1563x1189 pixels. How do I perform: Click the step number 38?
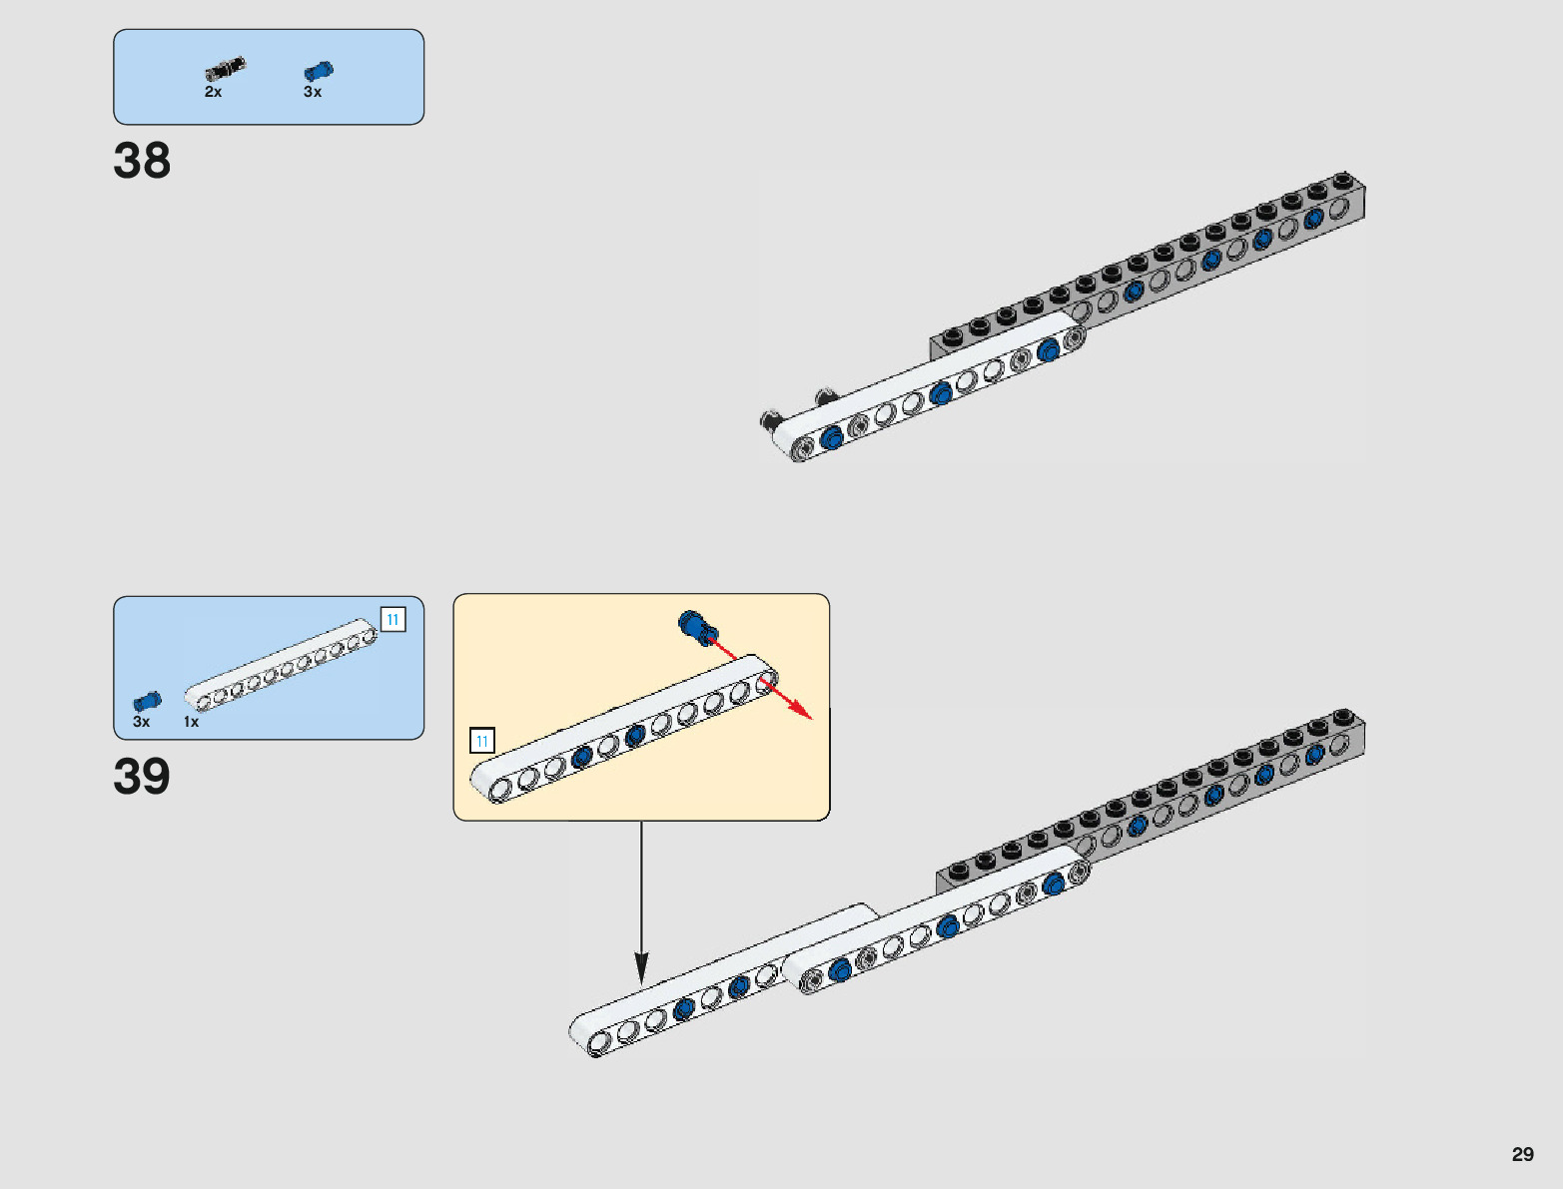[x=142, y=161]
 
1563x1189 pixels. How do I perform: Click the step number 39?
[x=142, y=777]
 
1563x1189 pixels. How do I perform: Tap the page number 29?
[x=1522, y=1154]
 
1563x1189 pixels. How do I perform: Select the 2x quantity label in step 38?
[x=213, y=92]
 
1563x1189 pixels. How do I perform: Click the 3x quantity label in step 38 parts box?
[x=313, y=92]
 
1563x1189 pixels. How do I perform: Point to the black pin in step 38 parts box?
[x=226, y=70]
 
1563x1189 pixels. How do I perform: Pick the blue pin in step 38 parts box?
[x=319, y=71]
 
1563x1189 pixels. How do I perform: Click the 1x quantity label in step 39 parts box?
[x=191, y=722]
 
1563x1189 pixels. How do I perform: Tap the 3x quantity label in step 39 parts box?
[x=142, y=722]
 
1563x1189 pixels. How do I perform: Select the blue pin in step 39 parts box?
[x=147, y=701]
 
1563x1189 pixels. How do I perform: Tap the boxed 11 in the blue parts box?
[x=393, y=620]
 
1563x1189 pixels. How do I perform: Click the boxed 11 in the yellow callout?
[x=482, y=741]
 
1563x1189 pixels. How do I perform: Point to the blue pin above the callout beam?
[x=695, y=626]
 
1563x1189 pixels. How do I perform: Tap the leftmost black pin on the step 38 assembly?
[x=770, y=419]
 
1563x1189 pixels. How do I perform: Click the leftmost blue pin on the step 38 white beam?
[x=831, y=437]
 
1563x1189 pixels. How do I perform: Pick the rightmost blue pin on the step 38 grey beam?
[x=1314, y=217]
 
